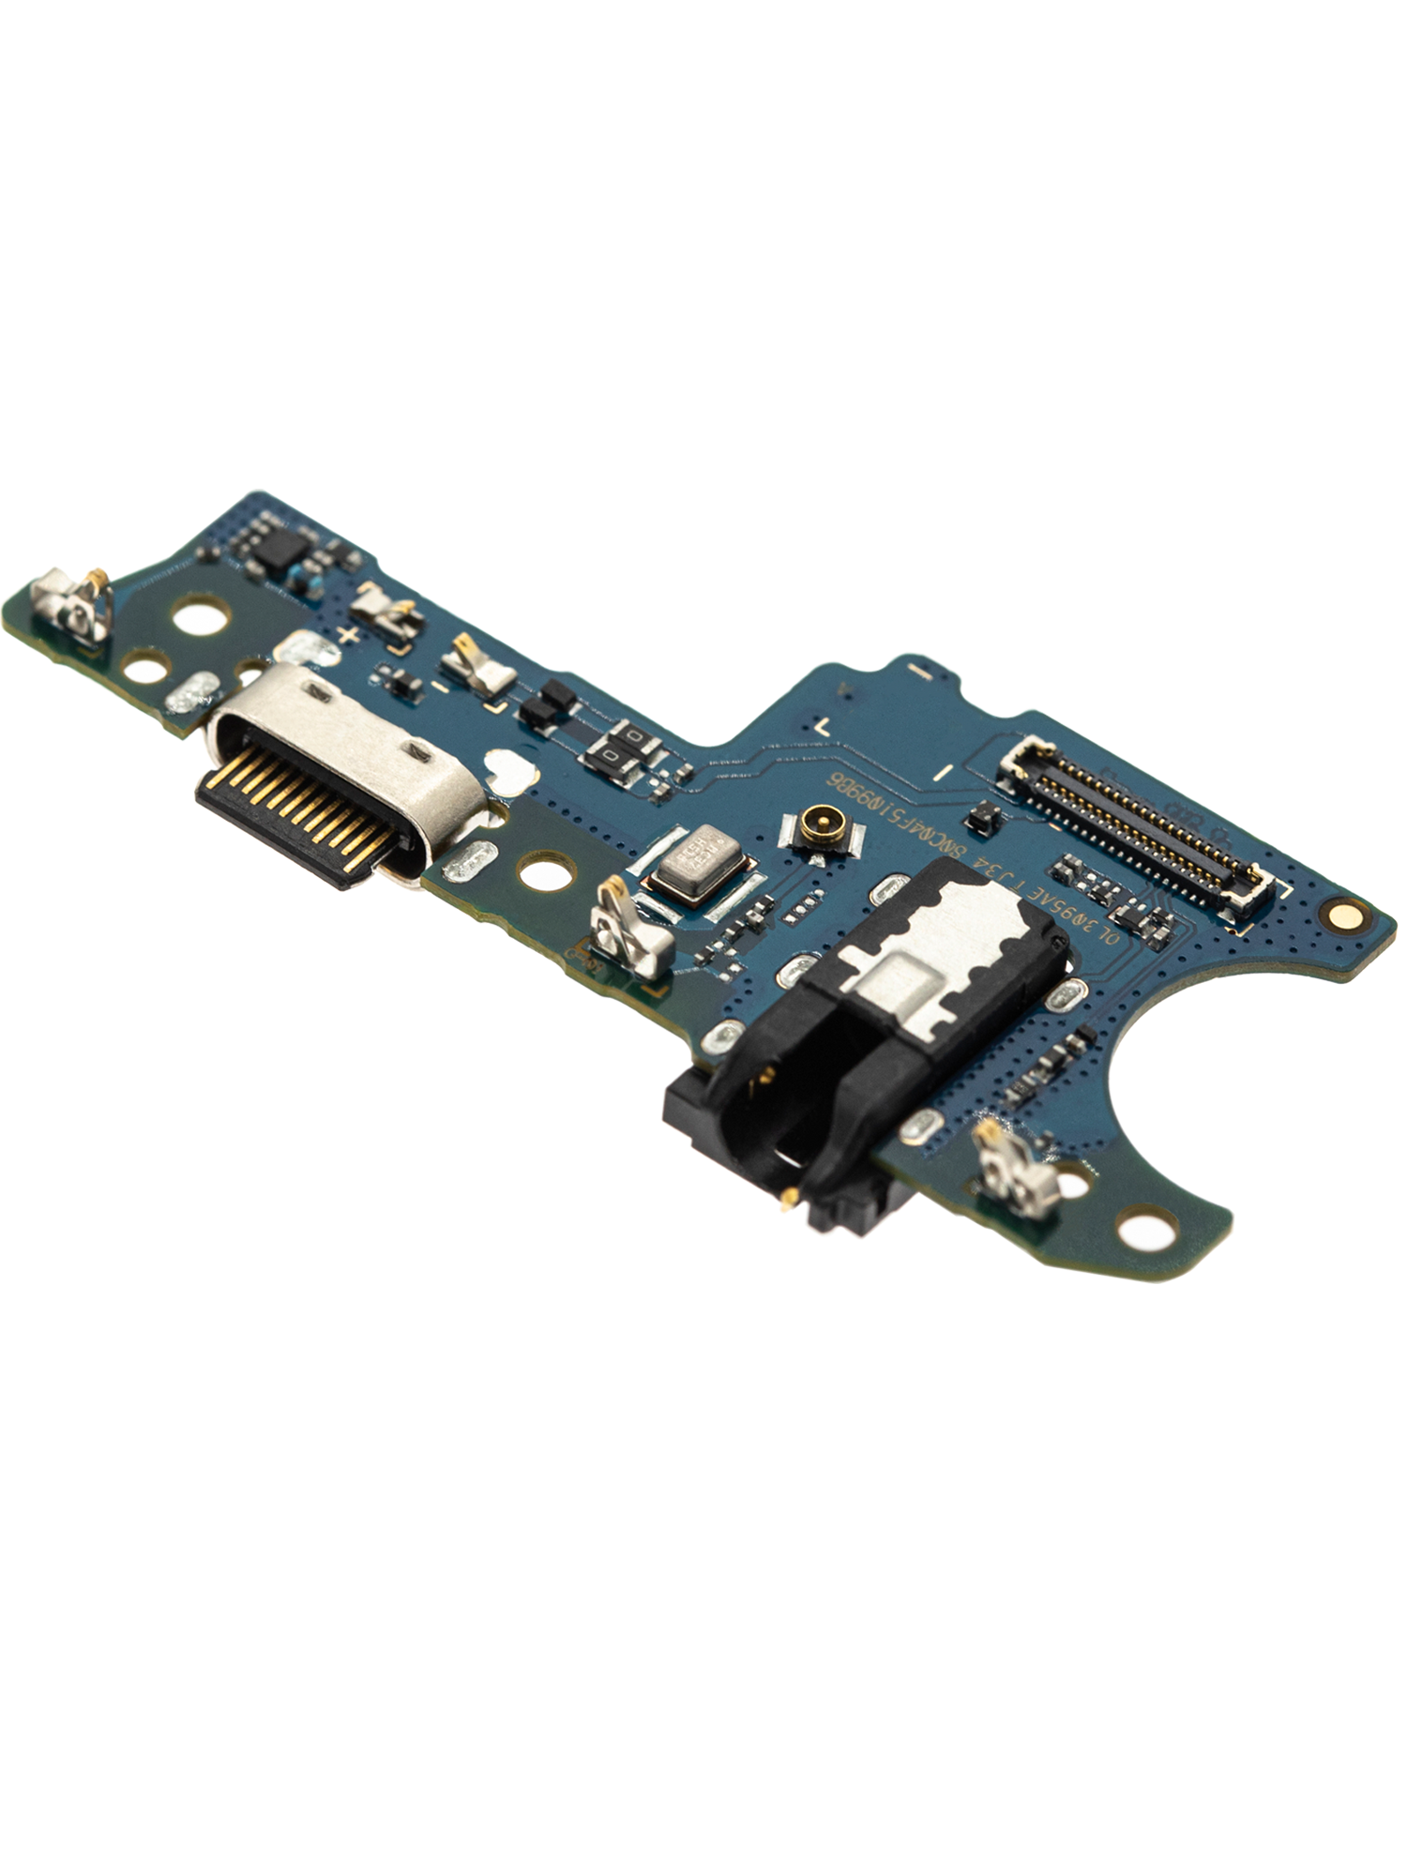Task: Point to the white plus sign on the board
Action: coord(347,637)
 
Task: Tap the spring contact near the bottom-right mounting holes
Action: coord(1016,1167)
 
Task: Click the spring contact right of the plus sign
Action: coord(386,609)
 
